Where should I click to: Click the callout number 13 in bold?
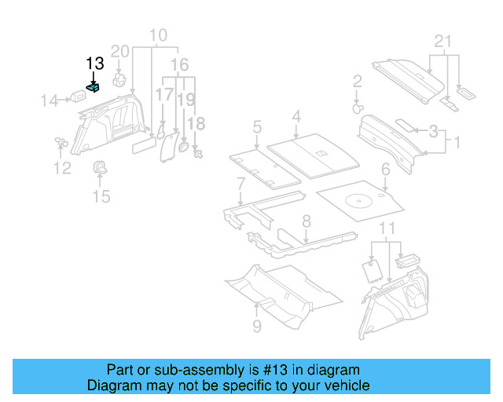point(94,64)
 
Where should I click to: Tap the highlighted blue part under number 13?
point(94,89)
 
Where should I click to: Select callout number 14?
point(50,100)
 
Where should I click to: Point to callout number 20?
point(119,52)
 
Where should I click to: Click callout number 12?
point(62,167)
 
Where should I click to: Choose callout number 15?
point(101,196)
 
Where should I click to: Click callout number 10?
point(158,35)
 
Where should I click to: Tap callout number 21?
point(444,42)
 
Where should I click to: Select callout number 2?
point(357,82)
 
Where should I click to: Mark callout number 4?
point(296,117)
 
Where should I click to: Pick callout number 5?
point(257,126)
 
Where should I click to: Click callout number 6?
point(385,170)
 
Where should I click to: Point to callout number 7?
point(240,184)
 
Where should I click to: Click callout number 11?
point(384,228)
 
